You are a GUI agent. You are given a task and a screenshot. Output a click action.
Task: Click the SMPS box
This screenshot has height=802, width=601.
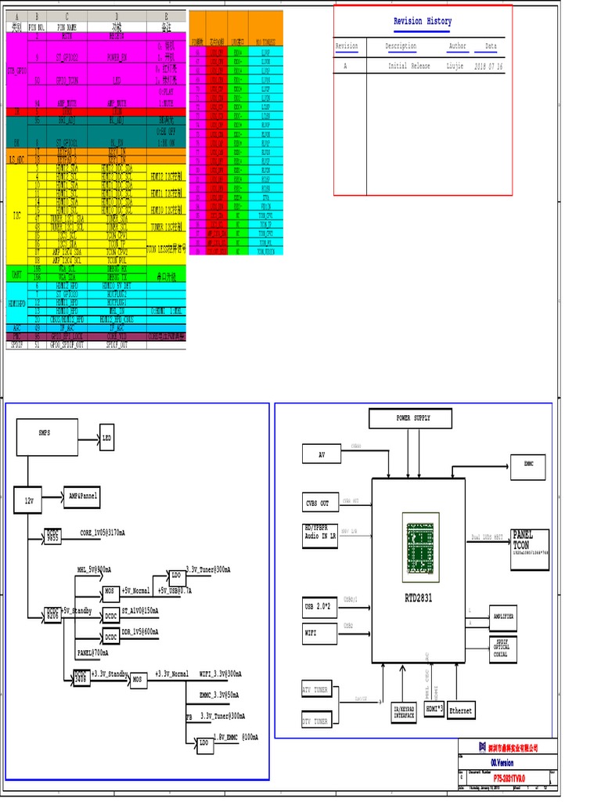pos(46,437)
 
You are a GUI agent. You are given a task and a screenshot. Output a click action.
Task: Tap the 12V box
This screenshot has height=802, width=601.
pos(28,500)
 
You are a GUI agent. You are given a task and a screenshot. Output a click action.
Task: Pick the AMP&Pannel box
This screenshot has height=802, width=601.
pos(82,497)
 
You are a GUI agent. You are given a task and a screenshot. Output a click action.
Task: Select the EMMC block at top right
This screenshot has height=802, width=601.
pos(528,465)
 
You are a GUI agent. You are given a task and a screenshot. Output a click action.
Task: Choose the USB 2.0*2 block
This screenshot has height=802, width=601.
pos(319,607)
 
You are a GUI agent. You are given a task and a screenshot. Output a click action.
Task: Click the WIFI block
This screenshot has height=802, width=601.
pos(319,632)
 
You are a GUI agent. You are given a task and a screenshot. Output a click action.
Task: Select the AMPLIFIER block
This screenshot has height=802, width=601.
pos(502,617)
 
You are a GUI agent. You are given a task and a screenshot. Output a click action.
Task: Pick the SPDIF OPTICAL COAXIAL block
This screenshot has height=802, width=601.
pos(502,648)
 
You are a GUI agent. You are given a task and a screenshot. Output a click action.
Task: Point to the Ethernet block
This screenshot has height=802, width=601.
pos(461,710)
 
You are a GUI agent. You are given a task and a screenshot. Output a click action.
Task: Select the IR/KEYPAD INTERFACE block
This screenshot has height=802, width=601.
pos(405,712)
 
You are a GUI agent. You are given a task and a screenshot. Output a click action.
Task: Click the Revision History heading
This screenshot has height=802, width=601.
pos(422,21)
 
